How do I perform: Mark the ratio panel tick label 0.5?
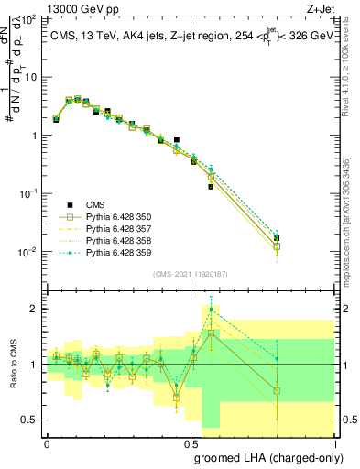pos(31,420)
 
